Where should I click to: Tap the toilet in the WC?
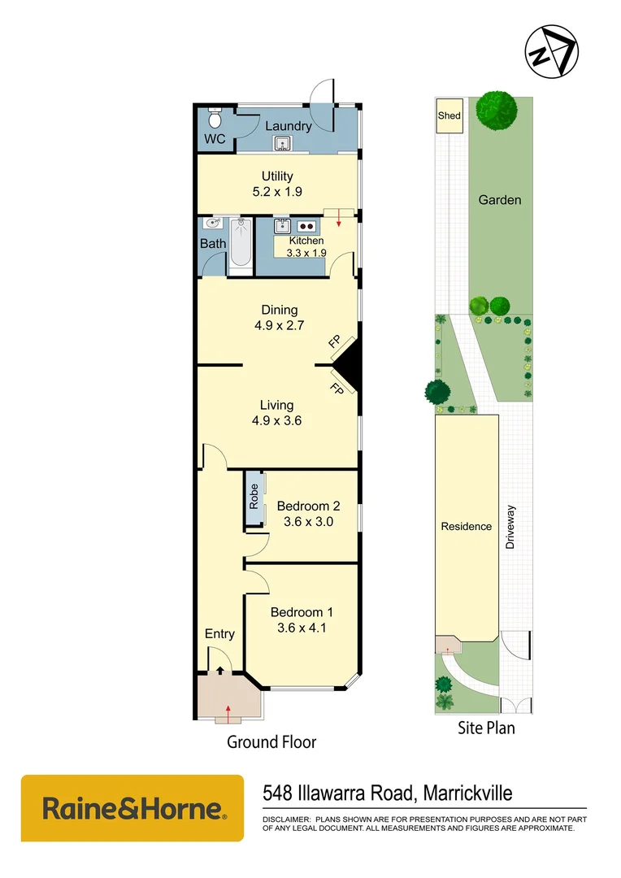[x=215, y=120]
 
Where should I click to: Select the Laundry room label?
[x=288, y=126]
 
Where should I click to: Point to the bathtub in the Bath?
[x=241, y=245]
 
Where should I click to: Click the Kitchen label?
[x=306, y=241]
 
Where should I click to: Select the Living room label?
[x=276, y=405]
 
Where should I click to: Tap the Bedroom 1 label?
[x=302, y=612]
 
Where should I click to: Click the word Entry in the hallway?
[x=219, y=634]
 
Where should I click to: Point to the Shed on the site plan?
[x=449, y=115]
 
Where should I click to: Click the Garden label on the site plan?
[x=499, y=200]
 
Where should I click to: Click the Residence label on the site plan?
[x=466, y=526]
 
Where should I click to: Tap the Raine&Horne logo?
[x=132, y=808]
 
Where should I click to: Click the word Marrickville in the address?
[x=462, y=793]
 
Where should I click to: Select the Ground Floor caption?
[x=271, y=741]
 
